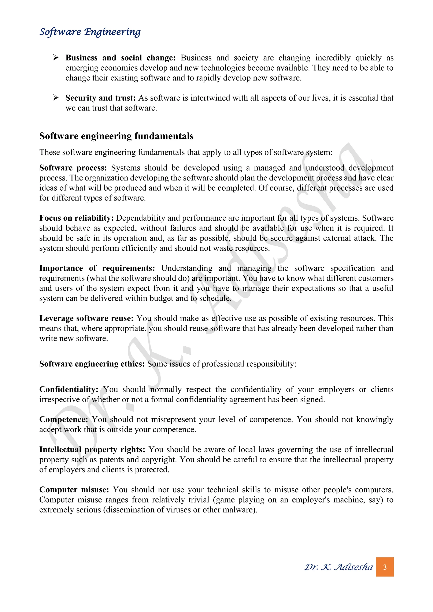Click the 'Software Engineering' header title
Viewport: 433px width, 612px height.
90,32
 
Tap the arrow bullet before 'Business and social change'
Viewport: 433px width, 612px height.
56,57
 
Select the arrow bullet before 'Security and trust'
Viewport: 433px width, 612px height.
56,98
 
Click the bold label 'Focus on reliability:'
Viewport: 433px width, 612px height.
77,218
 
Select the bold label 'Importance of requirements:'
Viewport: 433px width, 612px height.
97,268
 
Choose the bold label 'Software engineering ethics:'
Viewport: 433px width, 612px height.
92,364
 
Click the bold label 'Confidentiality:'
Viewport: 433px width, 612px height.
69,389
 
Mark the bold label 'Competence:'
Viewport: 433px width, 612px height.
63,419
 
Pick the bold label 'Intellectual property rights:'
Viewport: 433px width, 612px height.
92,450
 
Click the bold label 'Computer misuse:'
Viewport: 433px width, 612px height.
74,490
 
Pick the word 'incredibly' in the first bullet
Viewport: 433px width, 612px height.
333,58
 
